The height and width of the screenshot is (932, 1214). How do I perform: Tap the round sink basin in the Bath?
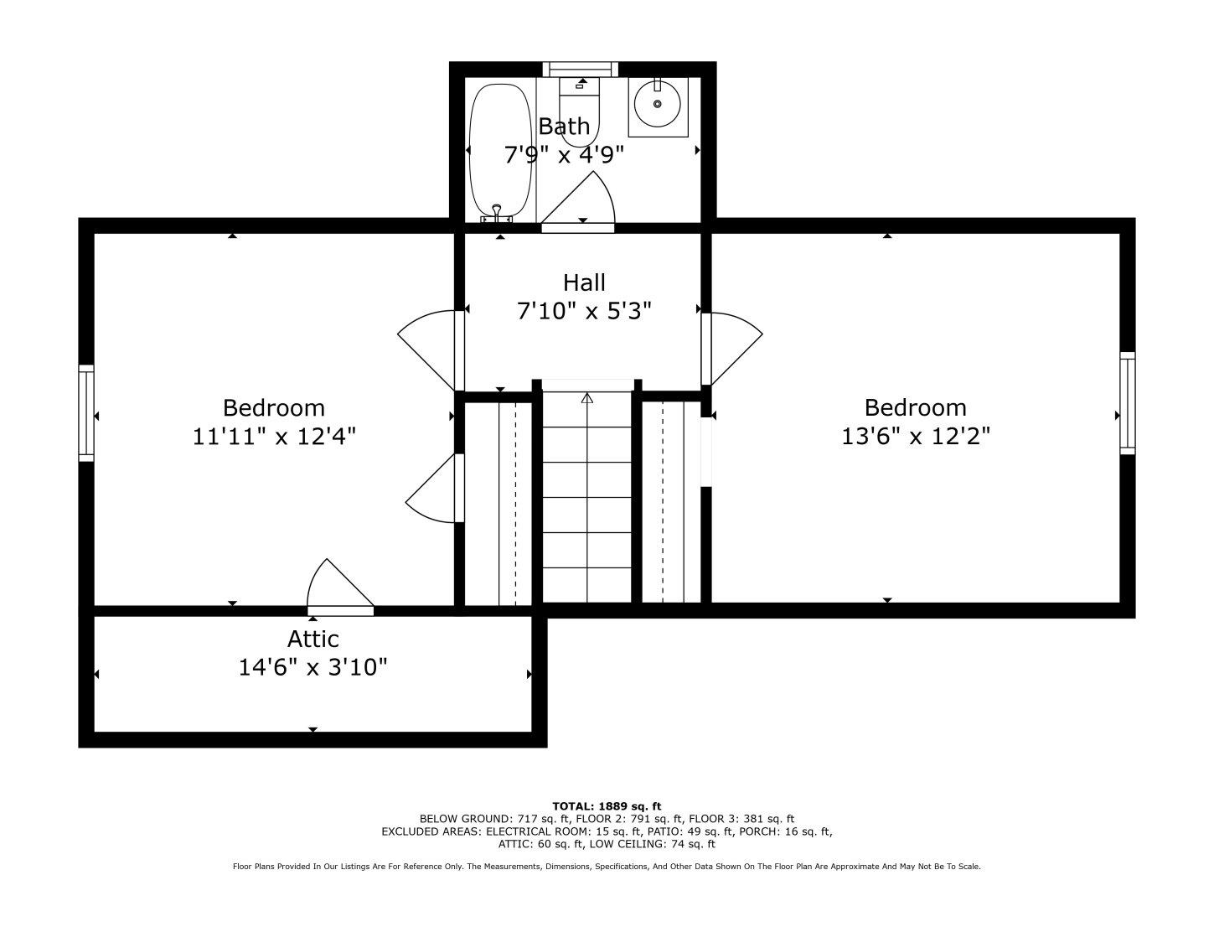[x=658, y=104]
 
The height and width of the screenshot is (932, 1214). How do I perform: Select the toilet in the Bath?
[x=579, y=111]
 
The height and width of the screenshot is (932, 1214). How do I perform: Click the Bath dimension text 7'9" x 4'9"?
[x=564, y=154]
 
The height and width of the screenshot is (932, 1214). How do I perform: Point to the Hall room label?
[x=584, y=282]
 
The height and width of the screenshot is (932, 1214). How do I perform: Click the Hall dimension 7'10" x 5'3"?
[x=584, y=311]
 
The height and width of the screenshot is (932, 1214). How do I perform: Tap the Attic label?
[x=313, y=639]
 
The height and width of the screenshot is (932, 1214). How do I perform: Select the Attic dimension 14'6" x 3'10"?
[x=313, y=667]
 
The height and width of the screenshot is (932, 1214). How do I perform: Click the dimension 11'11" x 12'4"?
[x=274, y=437]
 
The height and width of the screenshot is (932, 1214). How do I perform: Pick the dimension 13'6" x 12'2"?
[x=916, y=437]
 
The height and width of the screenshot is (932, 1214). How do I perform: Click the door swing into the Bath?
[x=578, y=202]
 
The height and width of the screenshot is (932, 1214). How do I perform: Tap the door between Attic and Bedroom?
[x=340, y=588]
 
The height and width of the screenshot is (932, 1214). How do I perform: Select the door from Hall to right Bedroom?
[x=732, y=349]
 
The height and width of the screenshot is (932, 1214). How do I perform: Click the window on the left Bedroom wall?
[x=86, y=413]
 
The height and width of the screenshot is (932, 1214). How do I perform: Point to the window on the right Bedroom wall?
[x=1128, y=403]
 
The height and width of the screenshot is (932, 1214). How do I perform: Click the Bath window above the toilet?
[x=581, y=70]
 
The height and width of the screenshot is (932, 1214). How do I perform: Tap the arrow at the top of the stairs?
[x=586, y=398]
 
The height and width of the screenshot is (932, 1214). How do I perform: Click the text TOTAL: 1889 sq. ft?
[x=607, y=806]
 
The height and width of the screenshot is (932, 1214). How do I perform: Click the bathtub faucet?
[x=496, y=215]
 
